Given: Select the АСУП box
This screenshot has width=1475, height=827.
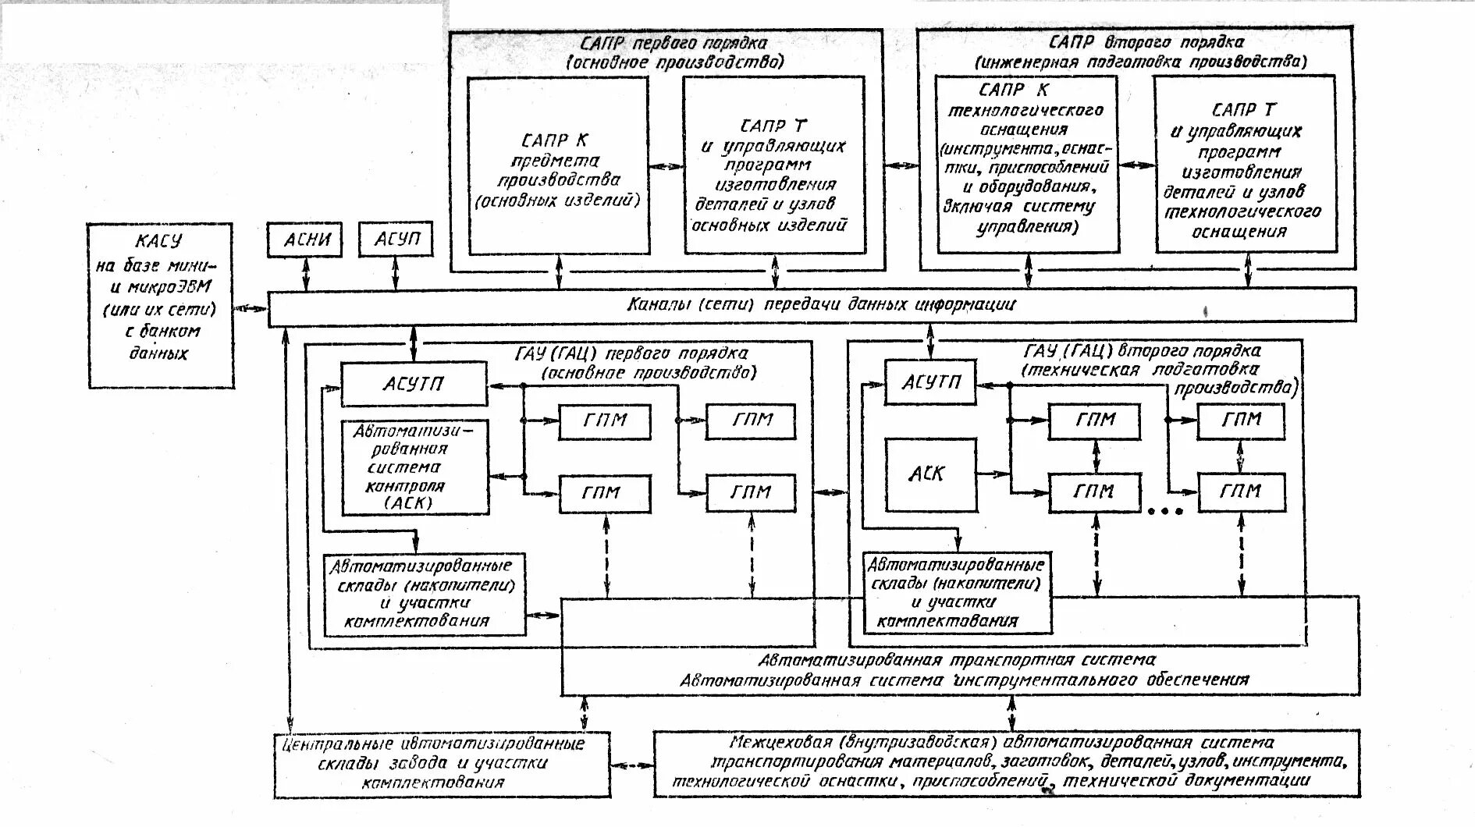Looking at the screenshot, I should pos(395,240).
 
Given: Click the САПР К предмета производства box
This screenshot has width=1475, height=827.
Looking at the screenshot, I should pos(558,165).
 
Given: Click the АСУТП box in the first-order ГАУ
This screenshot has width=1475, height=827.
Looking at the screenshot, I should pos(414,384).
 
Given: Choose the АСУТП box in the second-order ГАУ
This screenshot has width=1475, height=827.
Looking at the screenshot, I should pos(929,382).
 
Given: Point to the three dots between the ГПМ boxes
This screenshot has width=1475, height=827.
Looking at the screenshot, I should pos(1166,512).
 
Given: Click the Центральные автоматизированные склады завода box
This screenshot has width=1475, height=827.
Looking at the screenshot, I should pos(442,763).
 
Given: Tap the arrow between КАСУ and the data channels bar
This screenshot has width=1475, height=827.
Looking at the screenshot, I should pos(251,307).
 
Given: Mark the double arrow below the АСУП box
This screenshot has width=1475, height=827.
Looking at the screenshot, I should pos(395,273).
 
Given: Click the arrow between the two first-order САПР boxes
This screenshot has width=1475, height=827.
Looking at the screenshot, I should pos(666,166).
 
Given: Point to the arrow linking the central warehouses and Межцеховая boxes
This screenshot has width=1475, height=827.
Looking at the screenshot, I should pos(631,765).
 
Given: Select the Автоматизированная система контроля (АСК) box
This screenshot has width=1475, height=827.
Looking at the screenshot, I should pos(414,467).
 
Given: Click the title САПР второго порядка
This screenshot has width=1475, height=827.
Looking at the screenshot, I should pos(1136,42).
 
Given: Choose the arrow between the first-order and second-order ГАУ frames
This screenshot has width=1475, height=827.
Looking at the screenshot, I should pos(830,492).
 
